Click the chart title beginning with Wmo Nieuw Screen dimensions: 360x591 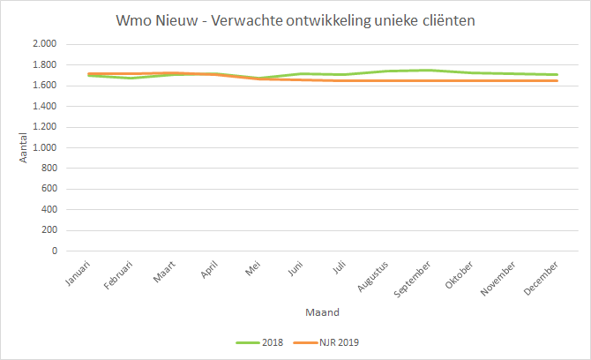tap(295, 19)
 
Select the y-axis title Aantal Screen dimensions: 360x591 tap(24, 147)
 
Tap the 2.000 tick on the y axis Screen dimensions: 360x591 tap(44, 44)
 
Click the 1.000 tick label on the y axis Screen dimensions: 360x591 tap(44, 147)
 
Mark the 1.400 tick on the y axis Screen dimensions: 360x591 tap(44, 106)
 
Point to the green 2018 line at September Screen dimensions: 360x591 tap(428, 70)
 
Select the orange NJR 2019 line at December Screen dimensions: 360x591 tap(557, 80)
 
